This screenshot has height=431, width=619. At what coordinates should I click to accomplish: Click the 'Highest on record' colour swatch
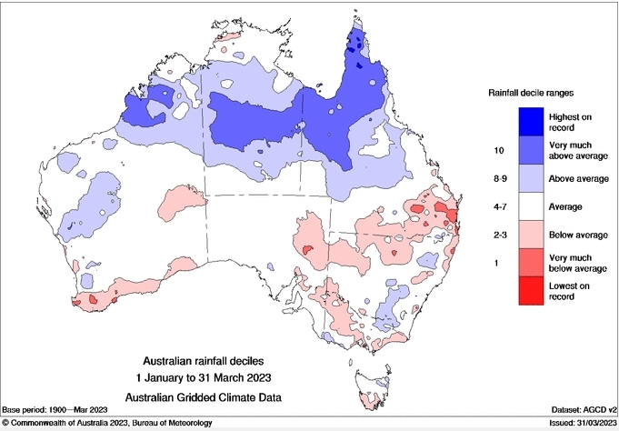click(530, 121)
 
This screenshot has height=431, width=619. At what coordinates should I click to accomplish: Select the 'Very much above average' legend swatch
click(530, 149)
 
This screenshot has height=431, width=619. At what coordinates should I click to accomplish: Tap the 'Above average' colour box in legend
click(530, 178)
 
